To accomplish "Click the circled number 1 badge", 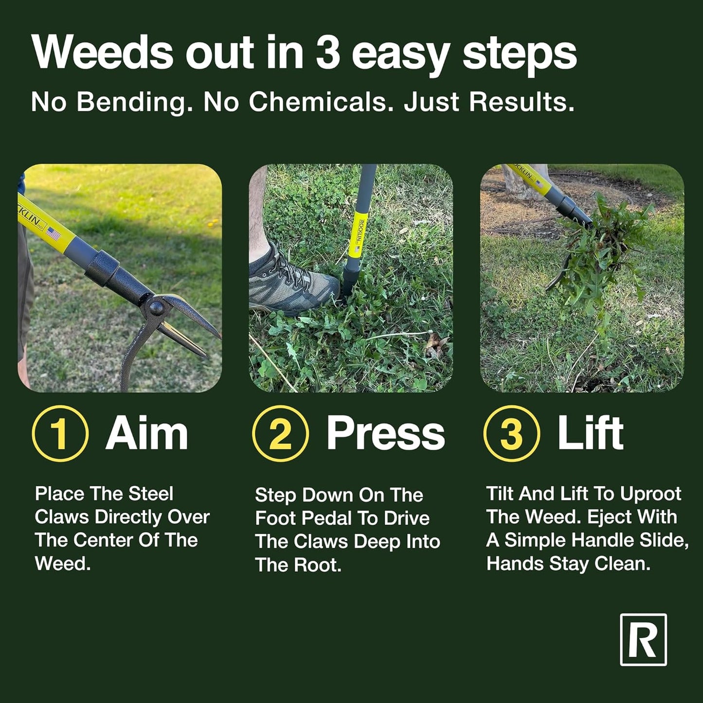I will pyautogui.click(x=60, y=433).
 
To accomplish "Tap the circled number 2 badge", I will pyautogui.click(x=280, y=433).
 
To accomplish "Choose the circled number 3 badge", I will pyautogui.click(x=511, y=433).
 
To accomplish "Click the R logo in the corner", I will pyautogui.click(x=643, y=640).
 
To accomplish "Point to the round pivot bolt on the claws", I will pyautogui.click(x=157, y=307).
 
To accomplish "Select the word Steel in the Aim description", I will pyautogui.click(x=151, y=494).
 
